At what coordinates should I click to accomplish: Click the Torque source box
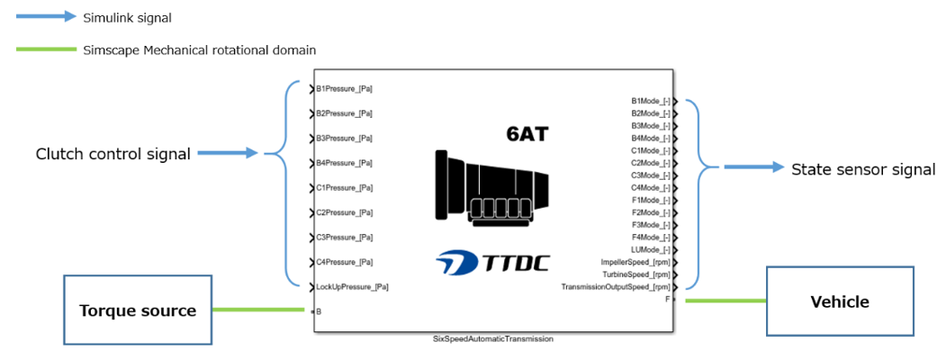[x=138, y=310]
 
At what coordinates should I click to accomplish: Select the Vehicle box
[x=839, y=301]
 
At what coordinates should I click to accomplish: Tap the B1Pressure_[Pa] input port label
[x=345, y=89]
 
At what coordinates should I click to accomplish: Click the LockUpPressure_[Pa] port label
[x=352, y=286]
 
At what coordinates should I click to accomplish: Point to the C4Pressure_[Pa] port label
[x=345, y=262]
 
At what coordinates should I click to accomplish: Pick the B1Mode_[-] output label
[x=651, y=102]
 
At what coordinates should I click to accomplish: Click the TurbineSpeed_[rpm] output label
[x=636, y=274]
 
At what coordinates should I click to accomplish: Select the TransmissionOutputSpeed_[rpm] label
[x=616, y=286]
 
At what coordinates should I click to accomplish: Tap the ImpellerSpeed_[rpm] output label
[x=635, y=262]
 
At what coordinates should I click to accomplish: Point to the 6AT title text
[x=527, y=135]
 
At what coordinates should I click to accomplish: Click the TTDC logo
[x=491, y=262]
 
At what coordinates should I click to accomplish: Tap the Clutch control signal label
[x=113, y=154]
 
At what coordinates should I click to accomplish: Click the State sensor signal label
[x=862, y=169]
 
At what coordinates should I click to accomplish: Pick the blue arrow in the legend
[x=46, y=17]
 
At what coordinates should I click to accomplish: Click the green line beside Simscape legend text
[x=46, y=49]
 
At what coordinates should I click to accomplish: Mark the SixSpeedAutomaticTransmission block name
[x=492, y=339]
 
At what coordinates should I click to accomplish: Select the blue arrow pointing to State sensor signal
[x=752, y=167]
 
